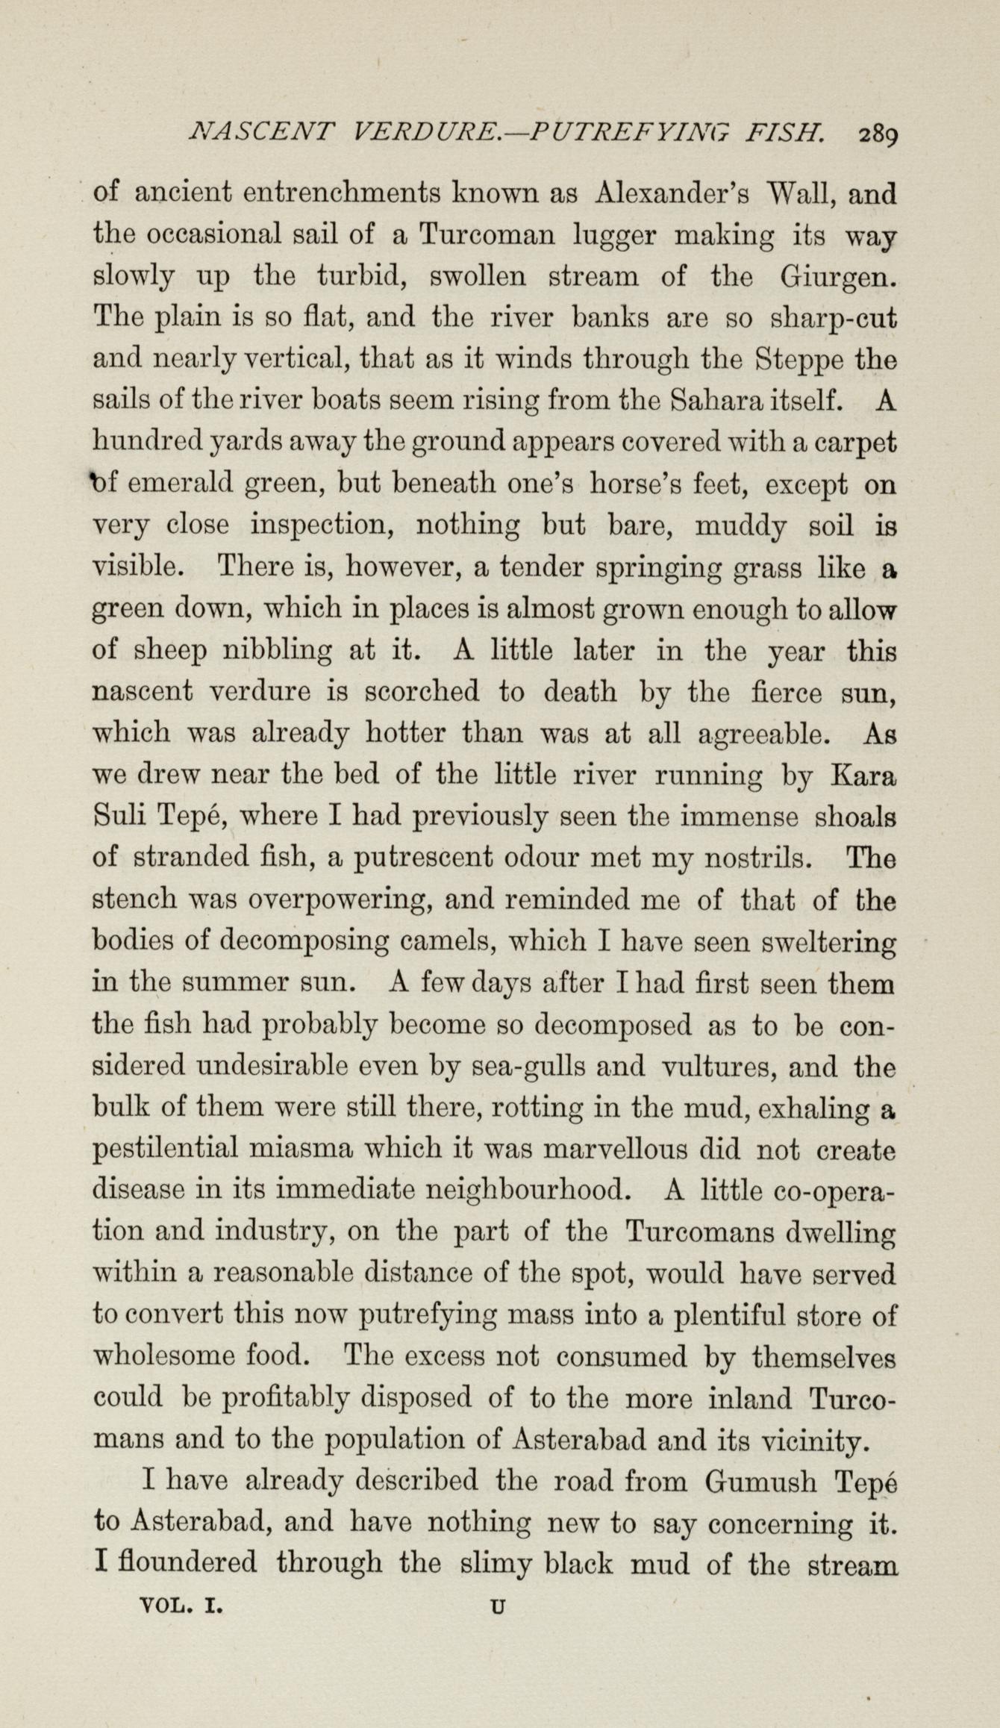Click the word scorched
click(422, 692)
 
